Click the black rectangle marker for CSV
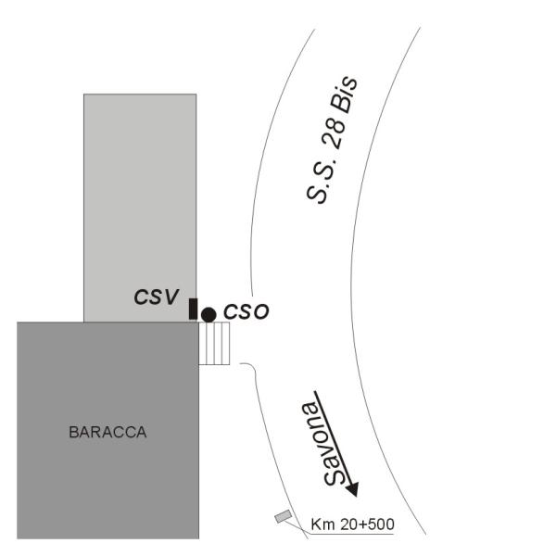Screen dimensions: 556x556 pyautogui.click(x=193, y=310)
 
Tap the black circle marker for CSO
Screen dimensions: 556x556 pyautogui.click(x=208, y=315)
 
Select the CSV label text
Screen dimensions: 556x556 pyautogui.click(x=156, y=297)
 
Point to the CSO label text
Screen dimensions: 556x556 pyautogui.click(x=246, y=311)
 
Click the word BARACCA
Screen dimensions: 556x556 pyautogui.click(x=107, y=432)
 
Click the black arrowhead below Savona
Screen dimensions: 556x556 pyautogui.click(x=352, y=489)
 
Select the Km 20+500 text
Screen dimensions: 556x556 pyautogui.click(x=352, y=524)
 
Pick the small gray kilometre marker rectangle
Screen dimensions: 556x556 pyautogui.click(x=284, y=516)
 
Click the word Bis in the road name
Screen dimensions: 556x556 pyautogui.click(x=344, y=94)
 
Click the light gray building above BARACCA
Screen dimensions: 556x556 pyautogui.click(x=140, y=208)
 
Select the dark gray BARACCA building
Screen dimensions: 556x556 pyautogui.click(x=107, y=431)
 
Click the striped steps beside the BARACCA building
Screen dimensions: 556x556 pyautogui.click(x=214, y=343)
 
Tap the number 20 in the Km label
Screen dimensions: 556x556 pyautogui.click(x=348, y=524)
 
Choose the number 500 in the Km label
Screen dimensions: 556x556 pyautogui.click(x=381, y=524)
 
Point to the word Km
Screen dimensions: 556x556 pyautogui.click(x=322, y=524)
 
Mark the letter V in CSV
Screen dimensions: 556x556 pyautogui.click(x=171, y=297)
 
